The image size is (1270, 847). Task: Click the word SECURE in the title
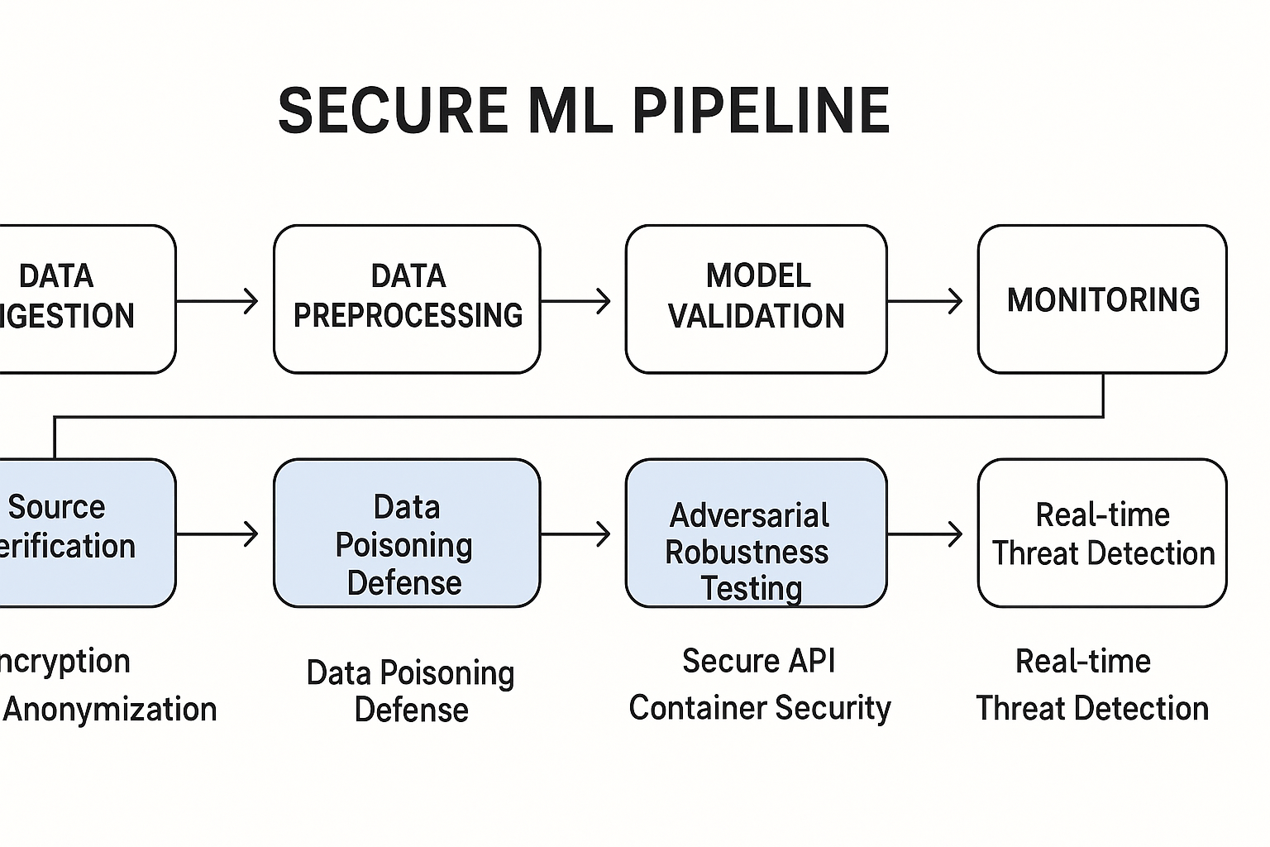[393, 110]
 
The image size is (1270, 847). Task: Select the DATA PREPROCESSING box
[407, 298]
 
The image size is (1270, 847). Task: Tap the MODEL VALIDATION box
[756, 298]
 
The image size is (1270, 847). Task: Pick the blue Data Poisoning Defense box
[407, 534]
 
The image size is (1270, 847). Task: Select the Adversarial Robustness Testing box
[756, 534]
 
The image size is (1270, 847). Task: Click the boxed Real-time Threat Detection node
[1101, 534]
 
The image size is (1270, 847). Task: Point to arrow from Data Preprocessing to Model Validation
[576, 301]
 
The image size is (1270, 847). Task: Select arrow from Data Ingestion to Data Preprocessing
[218, 301]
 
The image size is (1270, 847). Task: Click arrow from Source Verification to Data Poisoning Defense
[218, 534]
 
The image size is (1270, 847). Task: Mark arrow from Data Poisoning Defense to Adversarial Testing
[576, 534]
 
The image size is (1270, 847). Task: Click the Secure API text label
[758, 661]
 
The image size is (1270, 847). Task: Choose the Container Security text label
[759, 708]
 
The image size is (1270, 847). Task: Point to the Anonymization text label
[109, 710]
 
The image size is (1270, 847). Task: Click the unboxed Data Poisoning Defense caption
[410, 691]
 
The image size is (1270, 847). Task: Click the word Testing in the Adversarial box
[751, 589]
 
